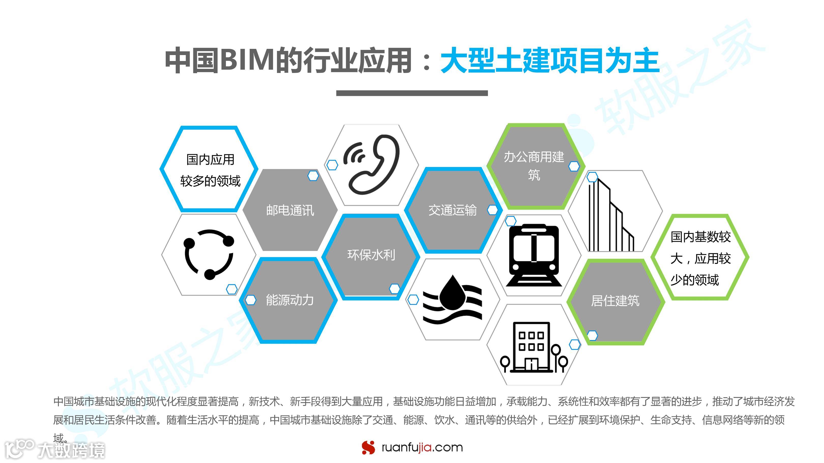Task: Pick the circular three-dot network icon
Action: [x=209, y=254]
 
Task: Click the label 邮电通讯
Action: [x=290, y=210]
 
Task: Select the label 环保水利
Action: [x=371, y=255]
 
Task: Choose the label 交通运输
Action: [x=452, y=210]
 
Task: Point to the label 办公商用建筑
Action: [x=534, y=166]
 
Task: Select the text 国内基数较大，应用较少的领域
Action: [x=701, y=258]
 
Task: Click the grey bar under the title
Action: [x=412, y=93]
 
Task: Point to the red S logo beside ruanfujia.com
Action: [x=369, y=447]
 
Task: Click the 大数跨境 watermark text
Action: [x=71, y=450]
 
